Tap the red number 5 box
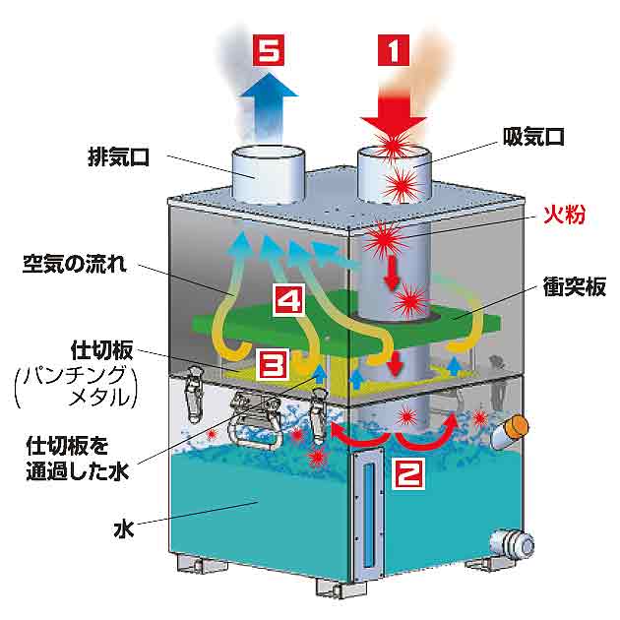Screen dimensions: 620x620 click(267, 49)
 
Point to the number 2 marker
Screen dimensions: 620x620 click(410, 473)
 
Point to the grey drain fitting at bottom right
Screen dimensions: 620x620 click(515, 541)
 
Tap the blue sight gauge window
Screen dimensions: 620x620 click(369, 518)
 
